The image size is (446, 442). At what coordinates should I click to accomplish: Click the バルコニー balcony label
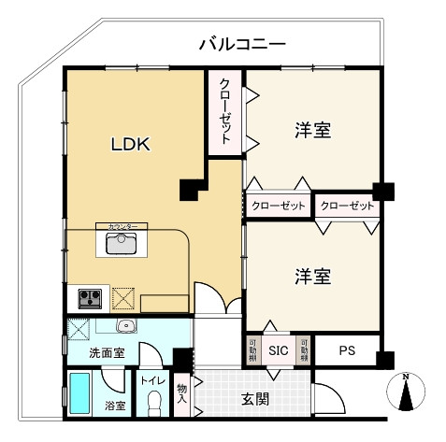[x=242, y=44]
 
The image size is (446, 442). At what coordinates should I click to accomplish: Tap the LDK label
[x=132, y=145]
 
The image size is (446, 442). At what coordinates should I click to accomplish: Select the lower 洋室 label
[x=312, y=277]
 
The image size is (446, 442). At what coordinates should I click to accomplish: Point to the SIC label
[x=279, y=351]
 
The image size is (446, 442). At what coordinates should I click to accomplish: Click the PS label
[x=347, y=351]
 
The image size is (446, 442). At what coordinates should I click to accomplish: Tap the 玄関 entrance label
[x=255, y=399]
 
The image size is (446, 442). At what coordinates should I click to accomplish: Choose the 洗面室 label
[x=108, y=353]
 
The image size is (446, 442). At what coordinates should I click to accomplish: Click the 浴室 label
[x=115, y=406]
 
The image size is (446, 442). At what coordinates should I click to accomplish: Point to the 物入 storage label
[x=182, y=394]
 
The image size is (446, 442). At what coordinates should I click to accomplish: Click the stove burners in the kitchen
[x=90, y=299]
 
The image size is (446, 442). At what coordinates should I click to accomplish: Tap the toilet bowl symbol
[x=153, y=405]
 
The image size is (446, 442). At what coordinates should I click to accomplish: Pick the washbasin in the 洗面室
[x=126, y=326]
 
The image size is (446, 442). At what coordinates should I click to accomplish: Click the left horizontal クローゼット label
[x=279, y=206]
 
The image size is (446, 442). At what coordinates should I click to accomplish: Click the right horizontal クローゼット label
[x=347, y=206]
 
